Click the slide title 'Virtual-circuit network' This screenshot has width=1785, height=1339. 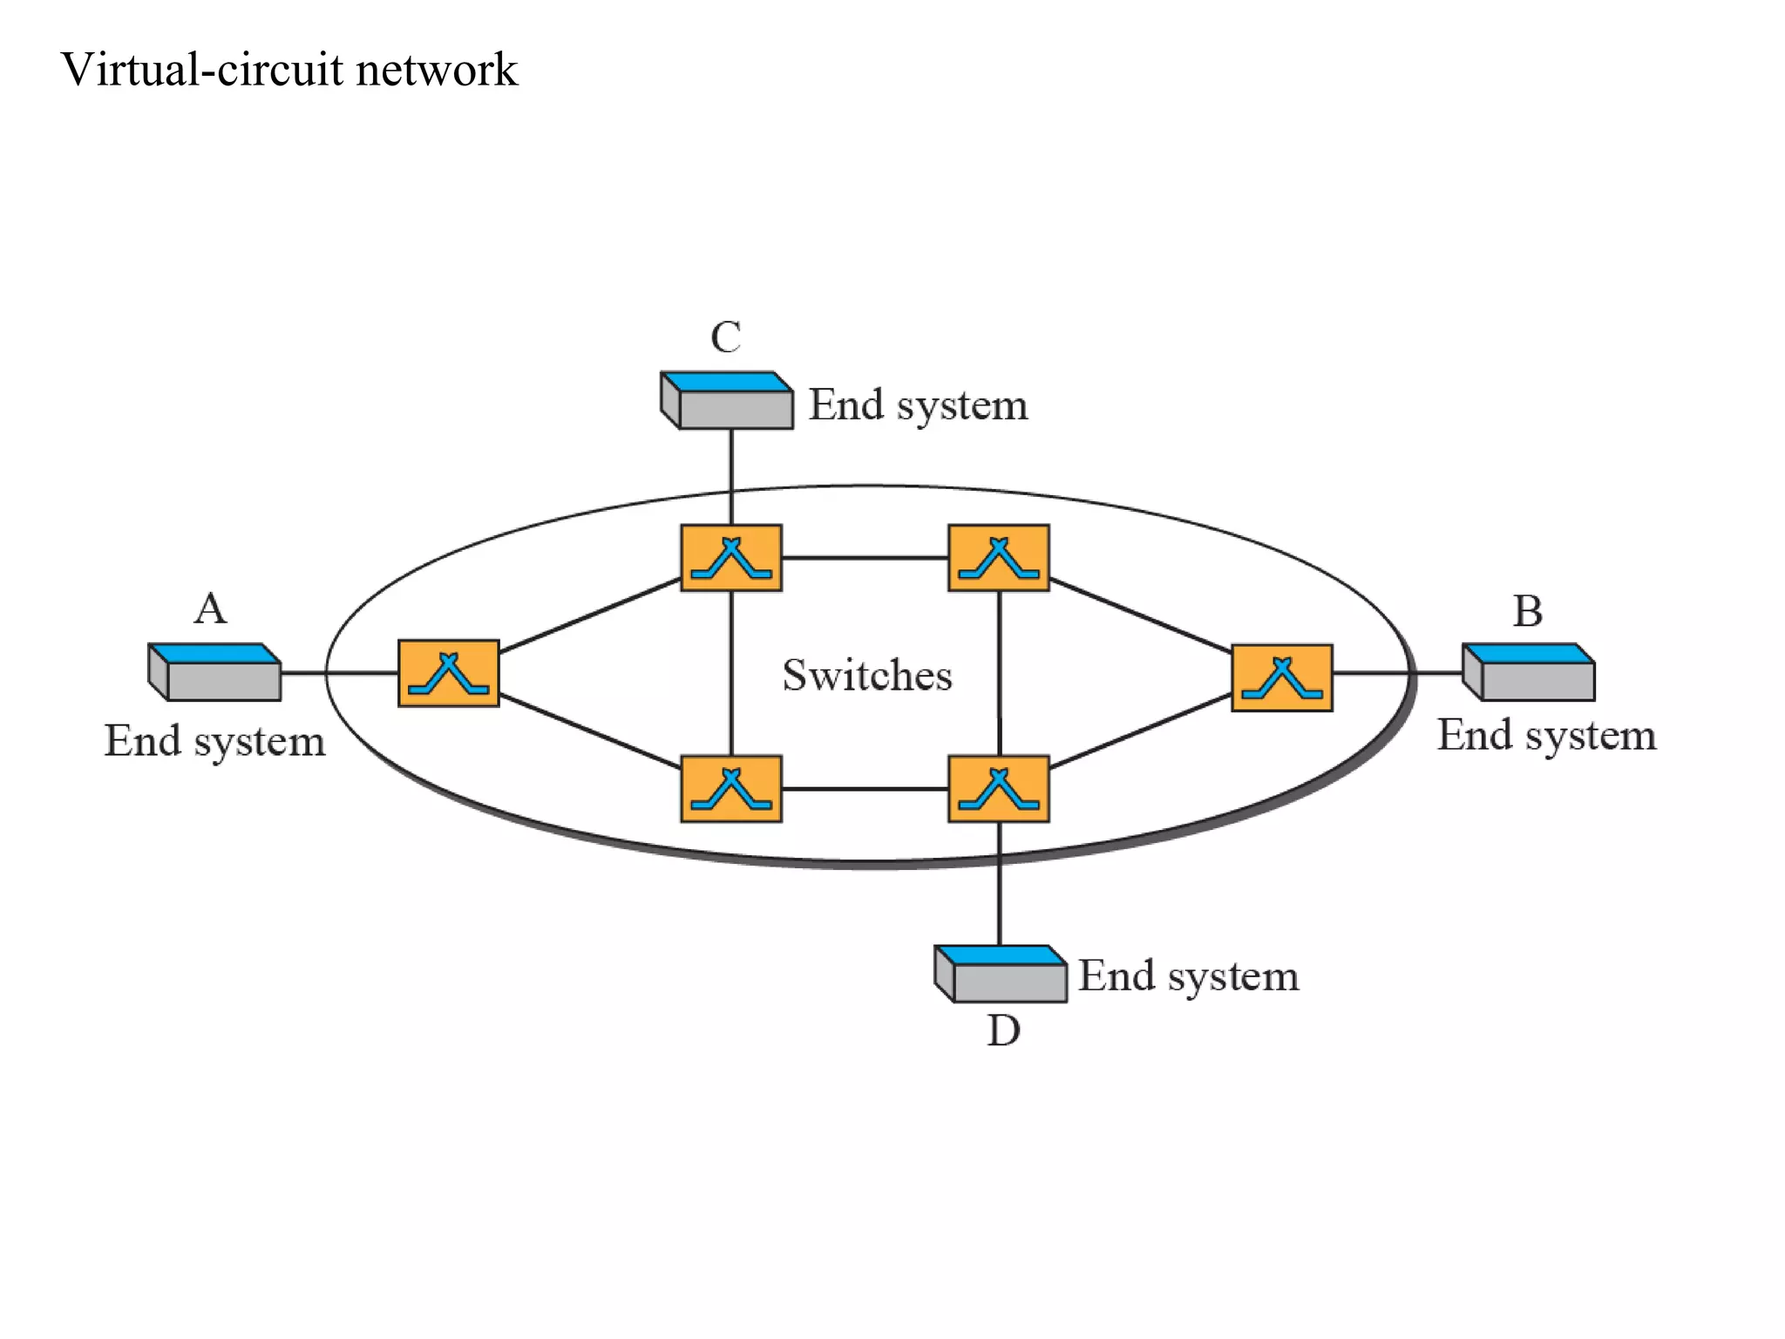click(289, 70)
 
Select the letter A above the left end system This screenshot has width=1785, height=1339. click(210, 608)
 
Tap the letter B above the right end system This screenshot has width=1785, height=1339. click(1527, 611)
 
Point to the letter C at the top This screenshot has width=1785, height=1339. click(725, 337)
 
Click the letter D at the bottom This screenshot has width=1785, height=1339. click(1003, 1031)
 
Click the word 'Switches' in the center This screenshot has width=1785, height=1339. click(866, 675)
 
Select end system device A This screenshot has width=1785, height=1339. click(215, 672)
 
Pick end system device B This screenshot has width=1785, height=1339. click(1529, 672)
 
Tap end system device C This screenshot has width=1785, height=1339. click(727, 401)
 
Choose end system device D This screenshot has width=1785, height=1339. click(1001, 974)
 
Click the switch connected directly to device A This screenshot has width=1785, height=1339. click(448, 673)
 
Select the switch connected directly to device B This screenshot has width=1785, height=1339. click(1281, 678)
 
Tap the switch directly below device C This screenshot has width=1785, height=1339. click(730, 558)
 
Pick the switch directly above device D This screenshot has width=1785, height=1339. click(998, 789)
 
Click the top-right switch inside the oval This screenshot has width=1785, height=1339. click(998, 558)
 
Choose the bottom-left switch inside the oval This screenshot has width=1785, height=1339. click(730, 789)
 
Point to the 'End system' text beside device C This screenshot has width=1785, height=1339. click(918, 405)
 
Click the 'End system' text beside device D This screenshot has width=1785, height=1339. click(1188, 975)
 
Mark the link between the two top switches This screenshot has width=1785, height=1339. click(865, 558)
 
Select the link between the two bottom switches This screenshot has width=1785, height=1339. click(865, 789)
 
